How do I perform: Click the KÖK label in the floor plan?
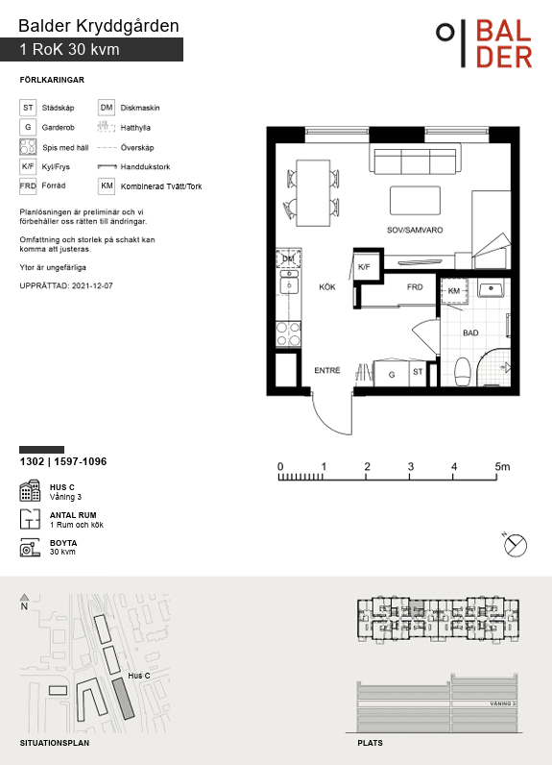[x=327, y=286]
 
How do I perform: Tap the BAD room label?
[x=470, y=333]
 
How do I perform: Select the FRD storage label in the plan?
[x=415, y=286]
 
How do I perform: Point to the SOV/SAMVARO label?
[x=415, y=230]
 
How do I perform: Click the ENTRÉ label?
[x=327, y=370]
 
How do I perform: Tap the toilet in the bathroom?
[x=462, y=372]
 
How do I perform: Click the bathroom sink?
[x=492, y=289]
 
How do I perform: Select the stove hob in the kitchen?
[x=288, y=333]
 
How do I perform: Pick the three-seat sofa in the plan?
[x=415, y=159]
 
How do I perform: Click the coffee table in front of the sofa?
[x=415, y=200]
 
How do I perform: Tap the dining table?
[x=313, y=193]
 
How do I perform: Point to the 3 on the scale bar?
[x=410, y=466]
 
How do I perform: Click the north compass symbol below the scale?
[x=515, y=545]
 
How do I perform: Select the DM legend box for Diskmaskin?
[x=107, y=108]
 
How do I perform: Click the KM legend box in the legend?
[x=107, y=185]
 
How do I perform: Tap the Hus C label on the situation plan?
[x=139, y=676]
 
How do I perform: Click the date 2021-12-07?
[x=92, y=285]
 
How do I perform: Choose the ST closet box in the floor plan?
[x=418, y=373]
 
